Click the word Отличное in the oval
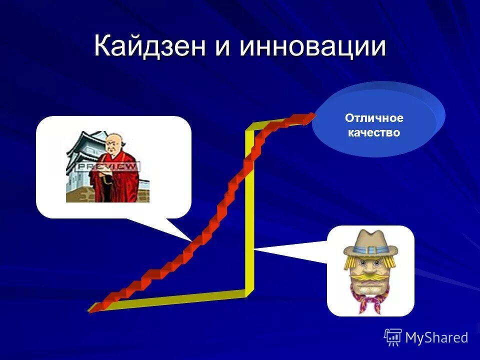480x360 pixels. click(373, 118)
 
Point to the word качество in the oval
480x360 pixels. click(373, 133)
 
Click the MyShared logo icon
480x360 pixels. click(393, 337)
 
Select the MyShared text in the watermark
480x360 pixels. click(436, 337)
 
